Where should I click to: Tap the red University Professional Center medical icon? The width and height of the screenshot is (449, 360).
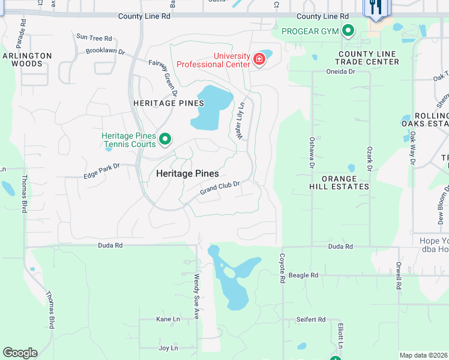tap(259, 59)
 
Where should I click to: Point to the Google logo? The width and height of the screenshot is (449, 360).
tap(20, 353)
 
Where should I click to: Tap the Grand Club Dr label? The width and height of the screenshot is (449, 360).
tap(220, 188)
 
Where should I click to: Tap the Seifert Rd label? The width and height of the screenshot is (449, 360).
tap(311, 320)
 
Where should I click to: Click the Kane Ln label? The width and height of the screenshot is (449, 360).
tap(167, 319)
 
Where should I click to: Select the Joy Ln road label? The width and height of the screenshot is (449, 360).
tap(167, 348)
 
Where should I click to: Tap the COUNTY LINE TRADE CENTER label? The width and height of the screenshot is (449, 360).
tap(366, 58)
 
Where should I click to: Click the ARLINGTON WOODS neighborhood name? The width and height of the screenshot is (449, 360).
tap(27, 59)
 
